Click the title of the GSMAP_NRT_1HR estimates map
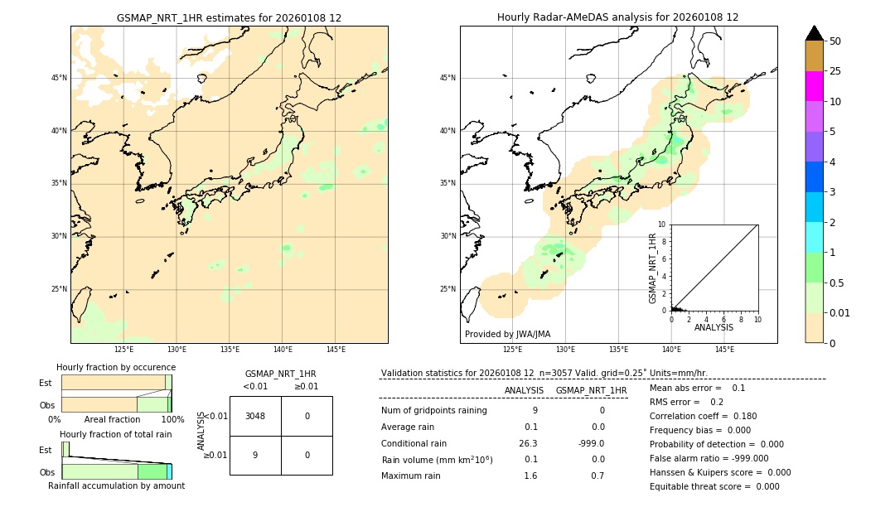229,17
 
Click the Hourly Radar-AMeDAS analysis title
618,17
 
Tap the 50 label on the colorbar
835,41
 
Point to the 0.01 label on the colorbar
840,312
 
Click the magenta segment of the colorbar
814,86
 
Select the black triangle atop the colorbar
814,33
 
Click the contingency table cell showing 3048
255,416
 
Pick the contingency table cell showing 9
255,455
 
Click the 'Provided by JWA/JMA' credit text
507,334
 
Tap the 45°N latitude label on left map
59,78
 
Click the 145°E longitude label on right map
724,350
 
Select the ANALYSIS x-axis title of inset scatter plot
714,327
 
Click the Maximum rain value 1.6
530,476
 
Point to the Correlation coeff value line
703,416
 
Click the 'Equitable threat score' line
714,486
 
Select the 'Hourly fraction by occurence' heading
116,367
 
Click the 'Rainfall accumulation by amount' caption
116,485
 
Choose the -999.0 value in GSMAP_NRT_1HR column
591,443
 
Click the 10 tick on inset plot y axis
662,224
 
